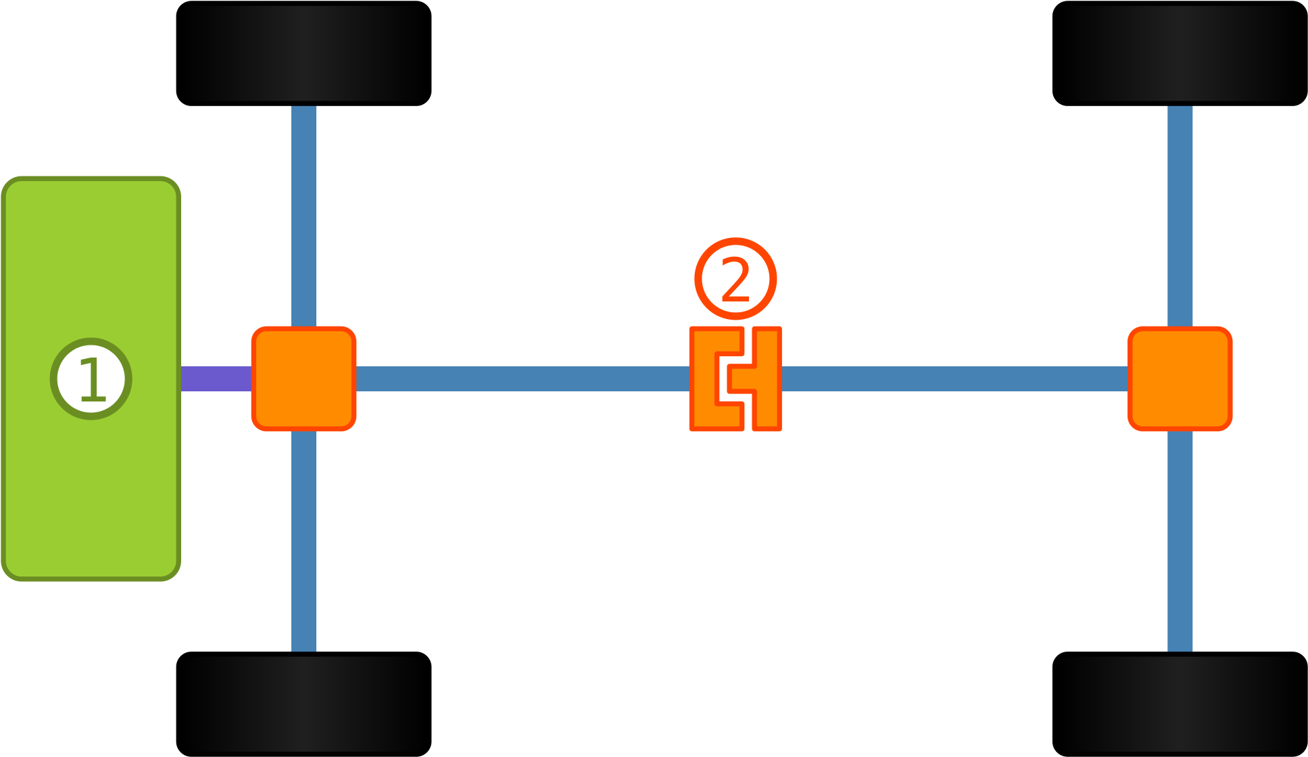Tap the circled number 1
[91, 378]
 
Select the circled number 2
[735, 278]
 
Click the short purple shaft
[216, 378]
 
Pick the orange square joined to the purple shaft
[304, 378]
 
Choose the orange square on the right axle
[1180, 378]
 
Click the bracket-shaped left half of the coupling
[703, 378]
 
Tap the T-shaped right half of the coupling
[767, 378]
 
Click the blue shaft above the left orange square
[304, 216]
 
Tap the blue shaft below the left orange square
[304, 541]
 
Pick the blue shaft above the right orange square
[1180, 216]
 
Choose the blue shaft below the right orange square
[1180, 541]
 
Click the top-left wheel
[304, 53]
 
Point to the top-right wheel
[1180, 53]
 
